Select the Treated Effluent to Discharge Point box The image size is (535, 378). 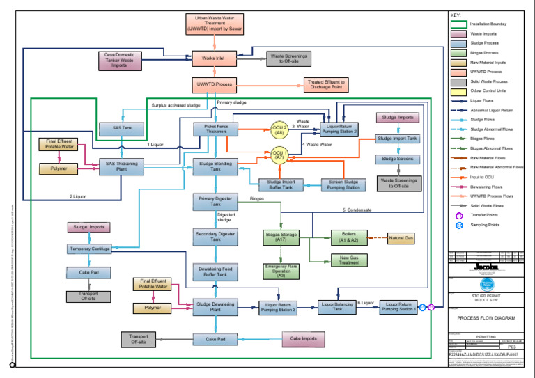[326, 85]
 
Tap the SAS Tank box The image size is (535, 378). [122, 128]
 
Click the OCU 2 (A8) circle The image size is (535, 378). [279, 129]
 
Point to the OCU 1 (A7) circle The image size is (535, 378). [279, 155]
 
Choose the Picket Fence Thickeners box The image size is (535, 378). [216, 129]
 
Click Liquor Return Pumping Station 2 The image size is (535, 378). [339, 129]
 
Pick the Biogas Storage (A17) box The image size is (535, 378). [281, 237]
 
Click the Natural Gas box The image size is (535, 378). [401, 238]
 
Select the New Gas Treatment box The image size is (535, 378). [349, 260]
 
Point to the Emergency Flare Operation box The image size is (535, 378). [281, 270]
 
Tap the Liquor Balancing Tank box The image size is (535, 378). [338, 306]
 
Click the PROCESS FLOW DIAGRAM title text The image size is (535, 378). [486, 318]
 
